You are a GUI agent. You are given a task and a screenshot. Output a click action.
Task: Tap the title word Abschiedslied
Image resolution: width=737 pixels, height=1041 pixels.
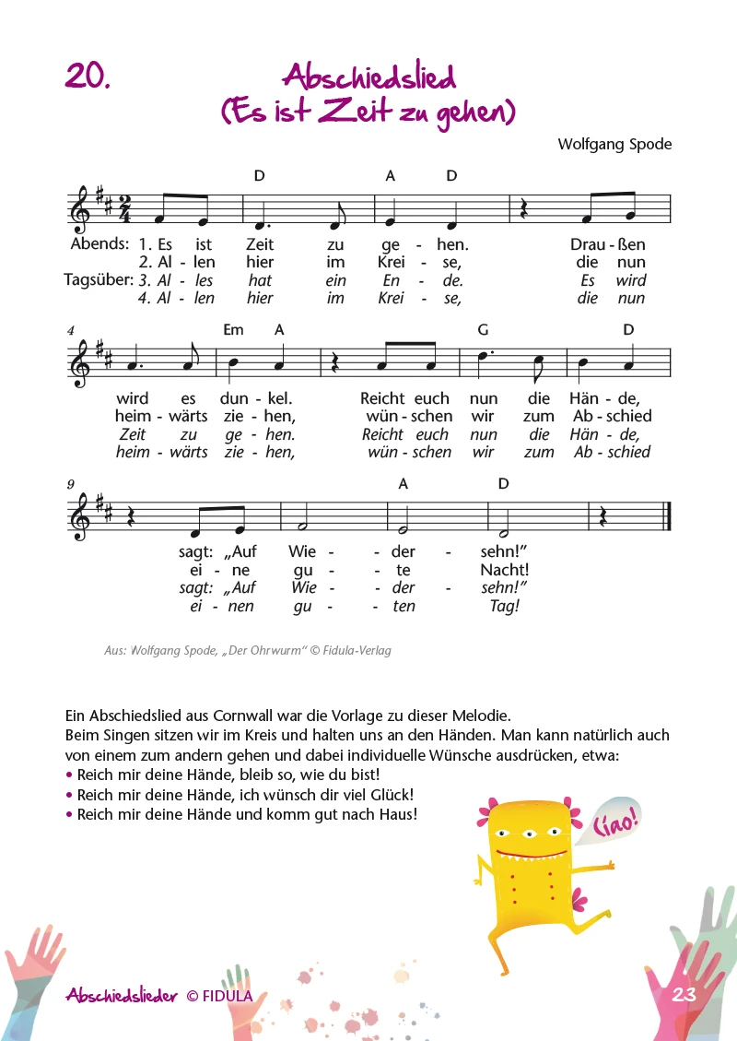369,77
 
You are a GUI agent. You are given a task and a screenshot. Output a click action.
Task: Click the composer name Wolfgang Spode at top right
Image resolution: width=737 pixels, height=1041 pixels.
614,144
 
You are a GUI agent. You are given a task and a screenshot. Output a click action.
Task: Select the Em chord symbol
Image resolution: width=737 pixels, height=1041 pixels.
233,329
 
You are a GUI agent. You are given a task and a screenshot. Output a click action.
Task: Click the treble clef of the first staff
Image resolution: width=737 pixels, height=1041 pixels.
81,209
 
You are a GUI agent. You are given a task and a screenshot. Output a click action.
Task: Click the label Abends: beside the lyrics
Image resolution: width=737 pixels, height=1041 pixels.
99,243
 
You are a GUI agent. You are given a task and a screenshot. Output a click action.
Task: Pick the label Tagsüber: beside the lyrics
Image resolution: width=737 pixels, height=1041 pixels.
98,279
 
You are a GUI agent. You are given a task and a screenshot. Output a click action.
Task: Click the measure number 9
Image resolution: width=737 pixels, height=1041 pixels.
70,483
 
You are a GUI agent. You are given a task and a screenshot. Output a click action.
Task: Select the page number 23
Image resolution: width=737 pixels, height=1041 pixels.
684,994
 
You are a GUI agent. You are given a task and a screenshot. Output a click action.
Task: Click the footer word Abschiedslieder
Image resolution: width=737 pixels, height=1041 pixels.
123,995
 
